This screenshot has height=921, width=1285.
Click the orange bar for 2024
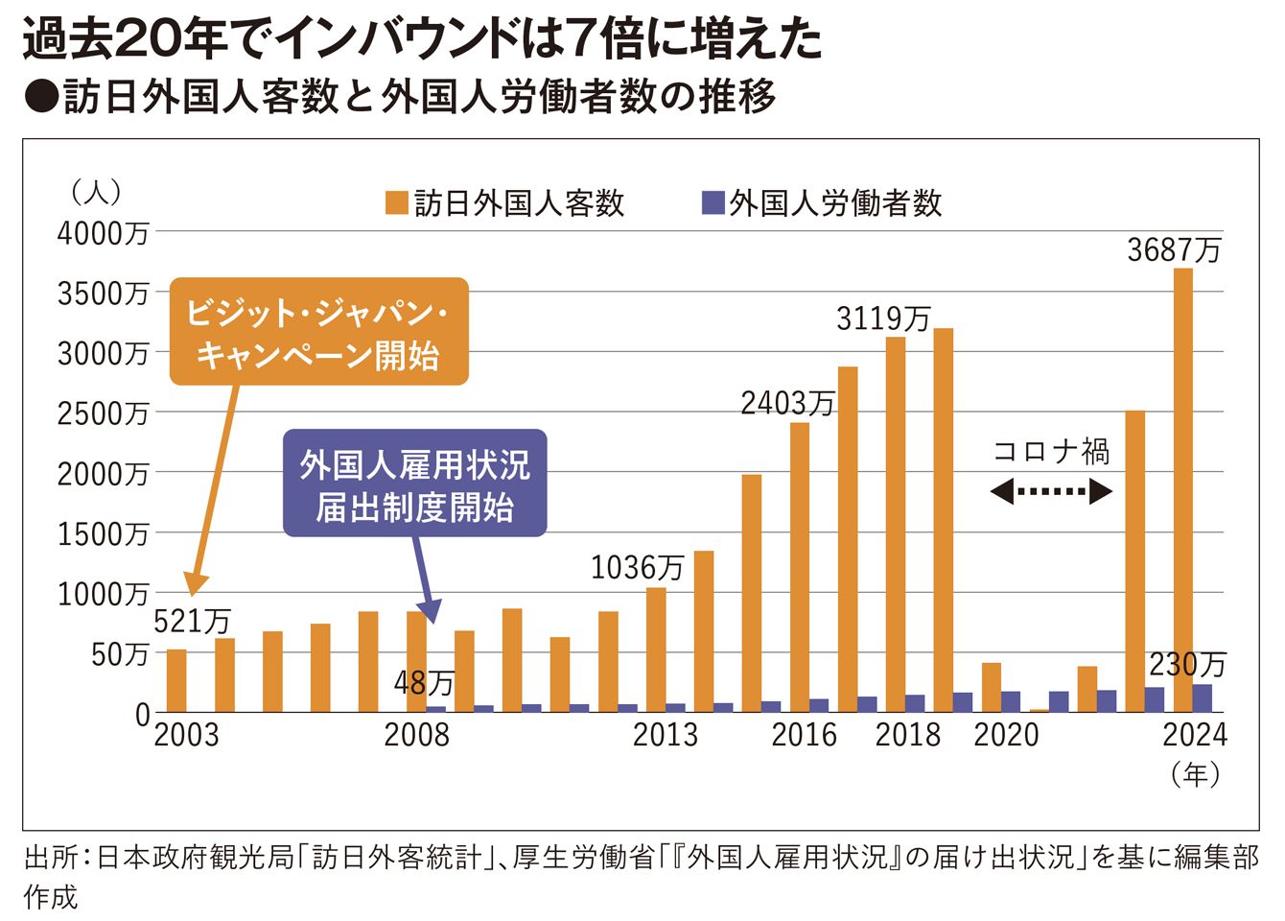tap(1182, 489)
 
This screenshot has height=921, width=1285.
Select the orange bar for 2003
tap(176, 680)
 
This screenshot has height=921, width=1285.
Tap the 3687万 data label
tap(1174, 250)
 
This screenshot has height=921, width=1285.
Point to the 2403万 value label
tap(787, 403)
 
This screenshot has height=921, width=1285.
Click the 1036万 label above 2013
tap(637, 568)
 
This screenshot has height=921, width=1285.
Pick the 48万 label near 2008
tap(424, 683)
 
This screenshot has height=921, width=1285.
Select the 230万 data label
tap(1187, 664)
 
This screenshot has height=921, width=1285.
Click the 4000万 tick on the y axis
tap(103, 233)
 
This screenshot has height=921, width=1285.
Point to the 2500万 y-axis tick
tap(103, 413)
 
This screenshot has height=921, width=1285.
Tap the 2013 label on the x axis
tap(666, 735)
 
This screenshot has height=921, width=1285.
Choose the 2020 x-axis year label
tap(1006, 735)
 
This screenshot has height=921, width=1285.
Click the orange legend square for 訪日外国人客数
tap(396, 202)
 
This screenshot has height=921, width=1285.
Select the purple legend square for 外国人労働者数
tap(713, 202)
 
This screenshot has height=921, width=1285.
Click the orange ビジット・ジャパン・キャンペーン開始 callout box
tap(318, 332)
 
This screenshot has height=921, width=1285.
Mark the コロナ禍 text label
tap(1051, 451)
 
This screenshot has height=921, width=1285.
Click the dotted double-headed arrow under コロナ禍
tap(1050, 492)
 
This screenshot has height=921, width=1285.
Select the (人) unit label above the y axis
tap(97, 192)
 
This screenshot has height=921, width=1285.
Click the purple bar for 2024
tap(1203, 697)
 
